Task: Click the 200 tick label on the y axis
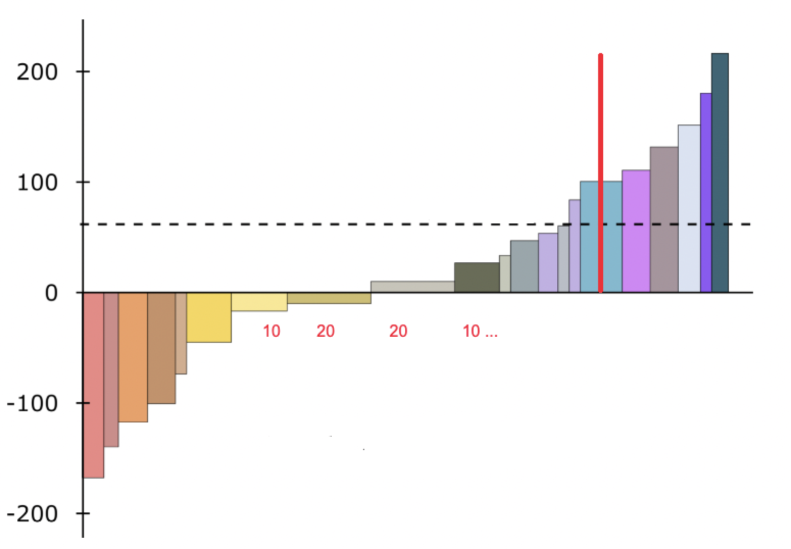(37, 72)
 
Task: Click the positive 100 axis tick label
(37, 183)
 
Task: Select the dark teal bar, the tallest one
(720, 173)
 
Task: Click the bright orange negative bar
(133, 357)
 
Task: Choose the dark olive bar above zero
(477, 278)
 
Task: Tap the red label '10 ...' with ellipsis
(480, 332)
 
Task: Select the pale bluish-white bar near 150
(689, 209)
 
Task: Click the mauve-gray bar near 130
(664, 219)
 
